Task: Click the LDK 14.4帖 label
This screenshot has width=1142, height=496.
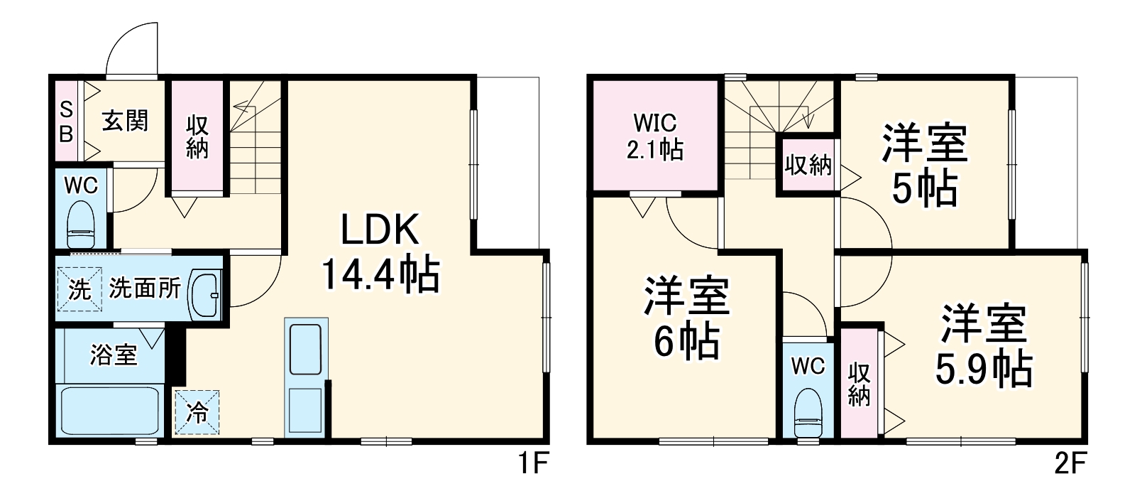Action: point(380,253)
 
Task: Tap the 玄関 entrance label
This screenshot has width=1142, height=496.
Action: point(125,122)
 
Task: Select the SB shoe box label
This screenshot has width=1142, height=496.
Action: point(65,121)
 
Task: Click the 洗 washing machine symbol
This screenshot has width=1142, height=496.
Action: point(79,289)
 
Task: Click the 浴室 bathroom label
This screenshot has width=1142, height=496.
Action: point(113,354)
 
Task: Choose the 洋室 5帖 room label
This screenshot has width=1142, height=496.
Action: point(924,165)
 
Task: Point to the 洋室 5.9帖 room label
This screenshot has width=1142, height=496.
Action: point(984,346)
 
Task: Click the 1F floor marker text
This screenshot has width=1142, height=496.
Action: point(532,465)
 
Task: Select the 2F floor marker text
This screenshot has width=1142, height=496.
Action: point(1070,465)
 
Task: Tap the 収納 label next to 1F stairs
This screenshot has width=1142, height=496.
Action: point(197,137)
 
